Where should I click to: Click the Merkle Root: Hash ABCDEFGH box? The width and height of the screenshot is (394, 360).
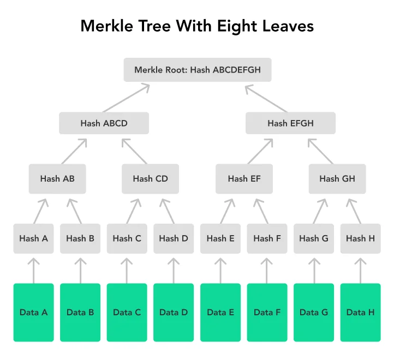(197, 70)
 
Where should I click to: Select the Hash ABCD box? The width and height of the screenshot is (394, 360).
(104, 123)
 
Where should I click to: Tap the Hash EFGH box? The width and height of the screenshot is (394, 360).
(290, 123)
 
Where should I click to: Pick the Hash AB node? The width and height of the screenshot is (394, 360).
(57, 178)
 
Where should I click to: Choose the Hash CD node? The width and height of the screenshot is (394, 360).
(150, 178)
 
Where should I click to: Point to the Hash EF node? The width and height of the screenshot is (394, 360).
(244, 178)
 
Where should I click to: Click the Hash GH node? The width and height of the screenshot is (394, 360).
(337, 178)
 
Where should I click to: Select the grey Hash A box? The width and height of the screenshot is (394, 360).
(34, 238)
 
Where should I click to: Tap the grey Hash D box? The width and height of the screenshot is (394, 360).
(174, 238)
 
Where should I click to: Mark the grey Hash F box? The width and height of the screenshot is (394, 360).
(267, 238)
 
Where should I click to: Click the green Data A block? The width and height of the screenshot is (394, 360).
(34, 313)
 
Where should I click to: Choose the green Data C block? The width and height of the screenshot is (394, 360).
(127, 313)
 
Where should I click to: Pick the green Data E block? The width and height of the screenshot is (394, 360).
(220, 313)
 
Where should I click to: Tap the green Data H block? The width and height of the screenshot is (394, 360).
(360, 313)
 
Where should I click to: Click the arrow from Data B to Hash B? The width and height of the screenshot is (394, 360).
(80, 269)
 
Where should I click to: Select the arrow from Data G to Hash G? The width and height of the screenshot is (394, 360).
(314, 269)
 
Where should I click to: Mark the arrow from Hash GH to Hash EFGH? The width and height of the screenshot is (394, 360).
(320, 151)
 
